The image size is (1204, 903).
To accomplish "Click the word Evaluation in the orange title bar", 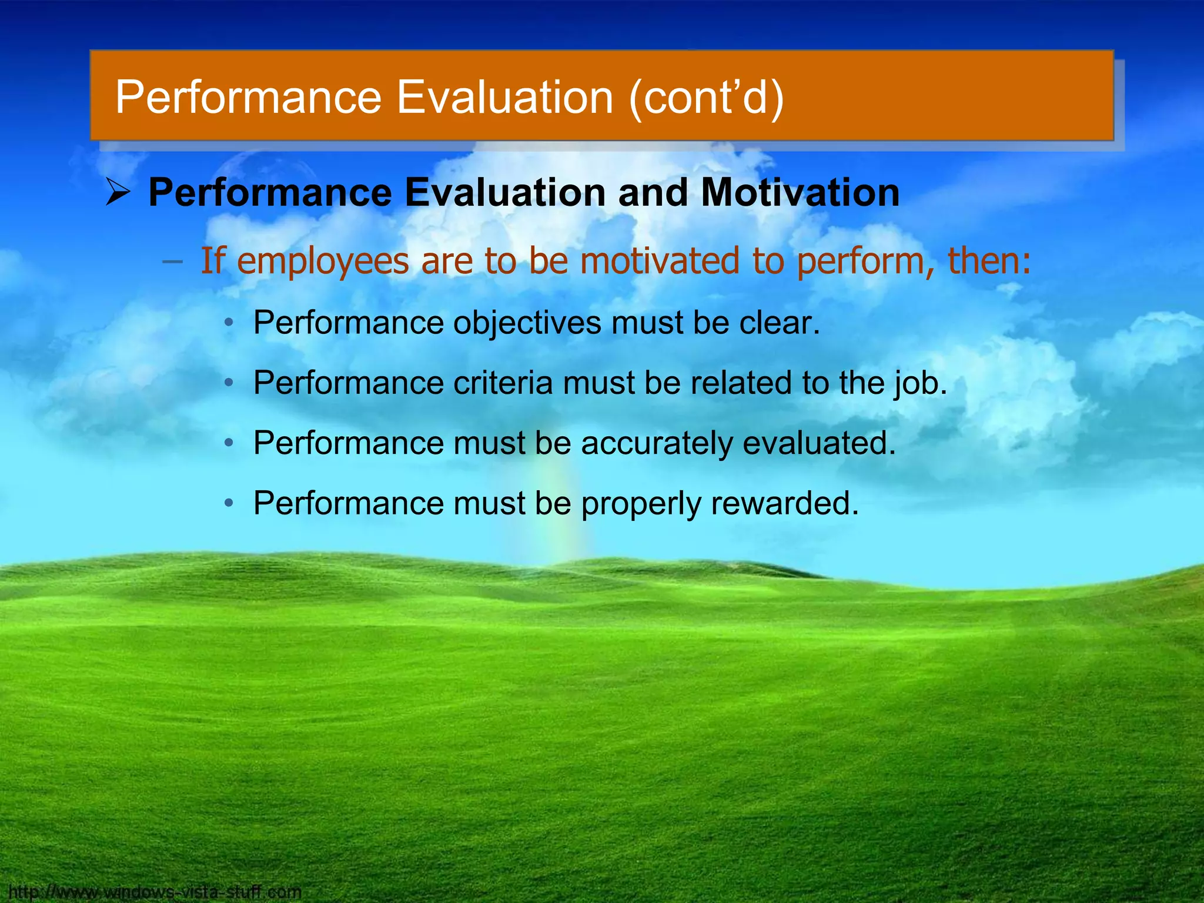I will point(506,97).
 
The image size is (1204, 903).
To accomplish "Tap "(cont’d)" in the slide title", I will point(706,97).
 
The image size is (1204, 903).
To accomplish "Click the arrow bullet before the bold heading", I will point(118,193).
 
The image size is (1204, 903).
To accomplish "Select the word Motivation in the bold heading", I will point(800,192).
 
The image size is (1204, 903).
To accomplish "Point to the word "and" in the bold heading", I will point(653,192).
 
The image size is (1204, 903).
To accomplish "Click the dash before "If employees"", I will point(172,262).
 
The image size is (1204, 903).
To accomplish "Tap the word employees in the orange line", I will point(323,262).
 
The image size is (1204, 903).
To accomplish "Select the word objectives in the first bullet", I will point(527,323).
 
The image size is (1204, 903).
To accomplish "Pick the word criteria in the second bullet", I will point(503,383).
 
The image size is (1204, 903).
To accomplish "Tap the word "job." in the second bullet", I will point(921,384).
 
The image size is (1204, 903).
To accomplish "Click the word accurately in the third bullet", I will point(657,443).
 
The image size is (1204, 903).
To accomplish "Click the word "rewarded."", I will point(785,503).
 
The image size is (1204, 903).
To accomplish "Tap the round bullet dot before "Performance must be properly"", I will point(230,503).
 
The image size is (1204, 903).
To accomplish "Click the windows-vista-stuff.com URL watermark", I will point(155,892).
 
